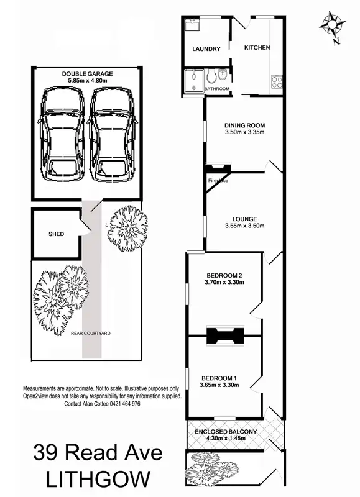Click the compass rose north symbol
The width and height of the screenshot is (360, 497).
333,25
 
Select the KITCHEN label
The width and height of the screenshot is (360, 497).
256,48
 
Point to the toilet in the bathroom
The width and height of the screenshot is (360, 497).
213,77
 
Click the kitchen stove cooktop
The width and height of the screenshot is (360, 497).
275,81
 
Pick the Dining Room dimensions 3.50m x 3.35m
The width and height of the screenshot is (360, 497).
244,132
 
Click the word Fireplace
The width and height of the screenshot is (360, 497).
218,181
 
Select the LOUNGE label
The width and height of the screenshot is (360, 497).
244,218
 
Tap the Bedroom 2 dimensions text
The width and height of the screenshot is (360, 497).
224,283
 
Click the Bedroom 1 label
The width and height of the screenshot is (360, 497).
218,376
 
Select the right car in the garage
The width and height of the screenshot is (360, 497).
112,132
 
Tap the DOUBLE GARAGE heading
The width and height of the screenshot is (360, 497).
87,74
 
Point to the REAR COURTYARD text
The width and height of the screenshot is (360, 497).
90,334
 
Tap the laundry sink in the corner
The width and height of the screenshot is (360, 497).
190,26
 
